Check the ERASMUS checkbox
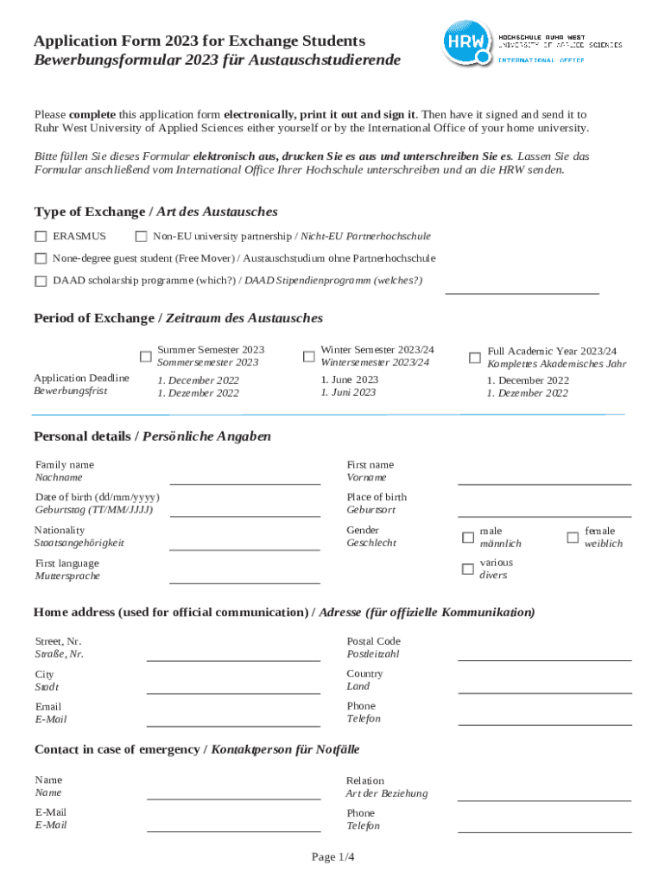[41, 236]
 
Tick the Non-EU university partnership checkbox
[142, 236]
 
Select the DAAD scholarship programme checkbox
[41, 281]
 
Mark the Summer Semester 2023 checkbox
[146, 356]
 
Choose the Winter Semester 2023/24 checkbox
[308, 356]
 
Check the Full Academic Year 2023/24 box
[474, 357]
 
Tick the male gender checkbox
[467, 538]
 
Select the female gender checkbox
[572, 537]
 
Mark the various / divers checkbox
[467, 569]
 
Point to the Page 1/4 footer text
[333, 856]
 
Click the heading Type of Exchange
[155, 212]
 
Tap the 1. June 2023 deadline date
[349, 379]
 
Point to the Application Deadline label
[81, 378]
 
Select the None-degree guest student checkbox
[41, 258]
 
